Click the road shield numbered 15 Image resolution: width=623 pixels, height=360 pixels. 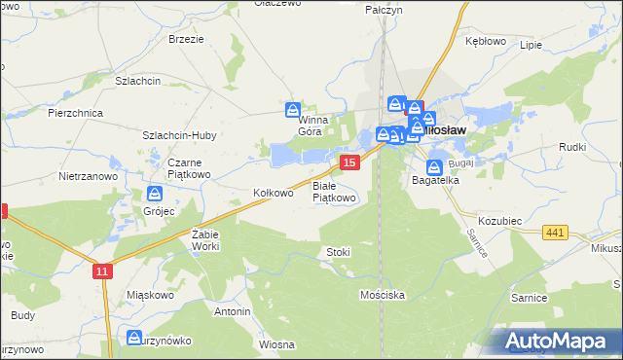pyautogui.click(x=349, y=162)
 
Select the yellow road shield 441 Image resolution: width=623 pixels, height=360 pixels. pyautogui.click(x=556, y=232)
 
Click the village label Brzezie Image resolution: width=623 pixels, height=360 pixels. pyautogui.click(x=186, y=39)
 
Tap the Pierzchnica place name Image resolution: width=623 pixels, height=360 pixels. pyautogui.click(x=76, y=113)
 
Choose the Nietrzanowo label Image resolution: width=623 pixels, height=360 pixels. pyautogui.click(x=89, y=177)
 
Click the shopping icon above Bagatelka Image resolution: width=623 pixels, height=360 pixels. pyautogui.click(x=435, y=166)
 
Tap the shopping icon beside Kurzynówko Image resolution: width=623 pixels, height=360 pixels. pyautogui.click(x=134, y=338)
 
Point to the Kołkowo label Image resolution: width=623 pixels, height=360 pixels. pyautogui.click(x=274, y=193)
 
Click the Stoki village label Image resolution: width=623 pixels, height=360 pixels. pyautogui.click(x=338, y=252)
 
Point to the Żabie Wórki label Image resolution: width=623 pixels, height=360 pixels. pyautogui.click(x=205, y=239)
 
